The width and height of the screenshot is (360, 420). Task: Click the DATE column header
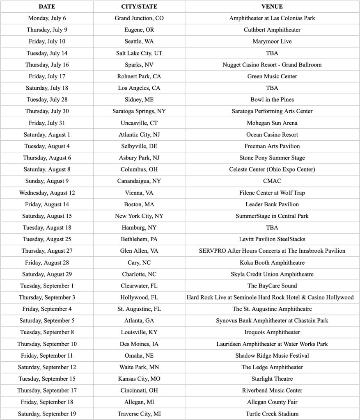coord(47,7)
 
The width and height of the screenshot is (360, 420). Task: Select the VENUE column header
coord(272,7)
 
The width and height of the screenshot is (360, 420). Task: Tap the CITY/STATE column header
coord(139,7)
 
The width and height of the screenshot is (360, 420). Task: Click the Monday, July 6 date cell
coord(47,18)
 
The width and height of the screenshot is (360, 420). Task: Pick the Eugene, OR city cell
coord(139,30)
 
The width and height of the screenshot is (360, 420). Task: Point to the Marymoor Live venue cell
coord(272,41)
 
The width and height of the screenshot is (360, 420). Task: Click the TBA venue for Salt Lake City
coord(272,53)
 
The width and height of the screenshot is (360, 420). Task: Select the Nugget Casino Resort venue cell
coord(272,65)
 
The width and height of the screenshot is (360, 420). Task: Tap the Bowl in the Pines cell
coord(272,100)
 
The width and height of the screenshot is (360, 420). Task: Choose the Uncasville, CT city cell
coord(139,123)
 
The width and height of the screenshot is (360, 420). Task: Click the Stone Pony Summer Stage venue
coord(272,158)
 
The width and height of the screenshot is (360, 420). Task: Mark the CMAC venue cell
coord(272,181)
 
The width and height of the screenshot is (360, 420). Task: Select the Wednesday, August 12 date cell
coord(47,193)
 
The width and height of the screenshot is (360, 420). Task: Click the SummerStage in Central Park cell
coord(272,216)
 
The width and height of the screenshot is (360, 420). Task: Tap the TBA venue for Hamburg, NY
coord(272,228)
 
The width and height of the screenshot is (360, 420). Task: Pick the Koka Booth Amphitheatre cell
coord(272,262)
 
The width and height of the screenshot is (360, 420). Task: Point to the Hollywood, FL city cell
coord(139,297)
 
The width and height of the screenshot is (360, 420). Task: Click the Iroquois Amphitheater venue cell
coord(272,332)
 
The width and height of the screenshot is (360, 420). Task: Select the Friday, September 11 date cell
coord(47,356)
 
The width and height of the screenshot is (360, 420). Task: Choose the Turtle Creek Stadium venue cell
coord(272,414)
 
